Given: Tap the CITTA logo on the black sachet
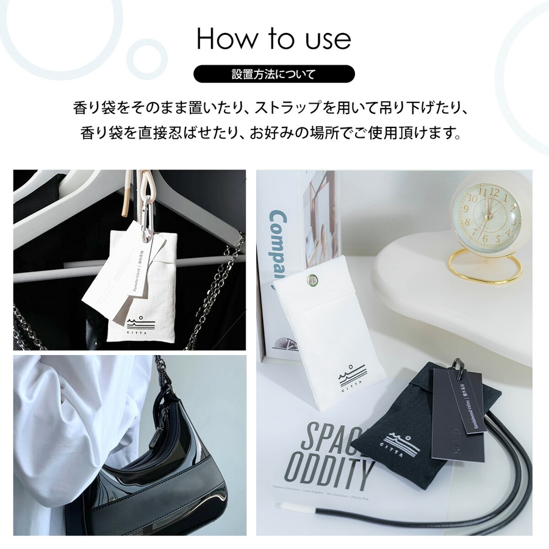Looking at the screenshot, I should click(x=402, y=442).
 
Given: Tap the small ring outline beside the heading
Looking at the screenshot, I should click(x=146, y=59).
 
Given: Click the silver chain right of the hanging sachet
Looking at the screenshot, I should click(x=217, y=293).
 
